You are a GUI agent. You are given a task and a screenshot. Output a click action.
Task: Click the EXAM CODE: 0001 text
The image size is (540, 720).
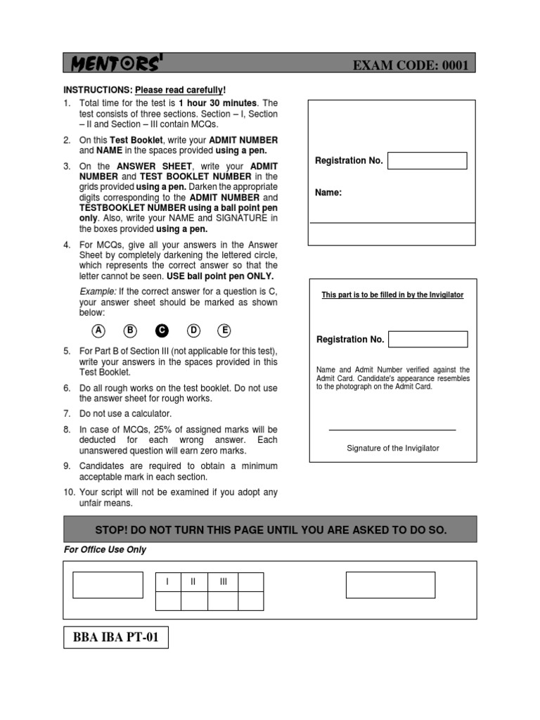(411, 66)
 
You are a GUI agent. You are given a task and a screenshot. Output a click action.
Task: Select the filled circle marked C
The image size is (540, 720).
(162, 330)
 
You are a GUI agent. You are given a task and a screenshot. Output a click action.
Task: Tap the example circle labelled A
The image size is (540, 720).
(99, 330)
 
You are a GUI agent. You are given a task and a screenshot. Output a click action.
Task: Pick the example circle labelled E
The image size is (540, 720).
(224, 330)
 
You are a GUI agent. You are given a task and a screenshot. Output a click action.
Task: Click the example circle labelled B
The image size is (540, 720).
(130, 330)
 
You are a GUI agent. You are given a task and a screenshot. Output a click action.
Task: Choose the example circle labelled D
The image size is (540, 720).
(193, 330)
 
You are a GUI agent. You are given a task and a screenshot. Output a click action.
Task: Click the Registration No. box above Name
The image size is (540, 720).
(427, 160)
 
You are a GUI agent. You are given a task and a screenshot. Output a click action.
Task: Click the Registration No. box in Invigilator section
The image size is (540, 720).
(427, 339)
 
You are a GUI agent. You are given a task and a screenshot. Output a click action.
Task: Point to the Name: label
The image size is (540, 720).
(328, 193)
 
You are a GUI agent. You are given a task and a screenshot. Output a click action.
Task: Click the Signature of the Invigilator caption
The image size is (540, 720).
(392, 448)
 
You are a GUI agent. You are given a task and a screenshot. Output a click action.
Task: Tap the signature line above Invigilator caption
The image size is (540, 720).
(392, 430)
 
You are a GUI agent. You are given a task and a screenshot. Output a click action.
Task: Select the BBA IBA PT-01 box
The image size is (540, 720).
(116, 638)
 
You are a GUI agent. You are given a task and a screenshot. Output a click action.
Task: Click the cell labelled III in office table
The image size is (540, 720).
(223, 582)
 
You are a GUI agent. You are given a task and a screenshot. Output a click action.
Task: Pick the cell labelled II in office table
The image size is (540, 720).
(193, 582)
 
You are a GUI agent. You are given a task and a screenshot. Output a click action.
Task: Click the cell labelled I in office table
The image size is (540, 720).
(167, 582)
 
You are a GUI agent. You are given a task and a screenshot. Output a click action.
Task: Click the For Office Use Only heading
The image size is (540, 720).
(105, 549)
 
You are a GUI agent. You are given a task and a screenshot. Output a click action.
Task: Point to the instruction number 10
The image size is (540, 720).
(69, 492)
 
